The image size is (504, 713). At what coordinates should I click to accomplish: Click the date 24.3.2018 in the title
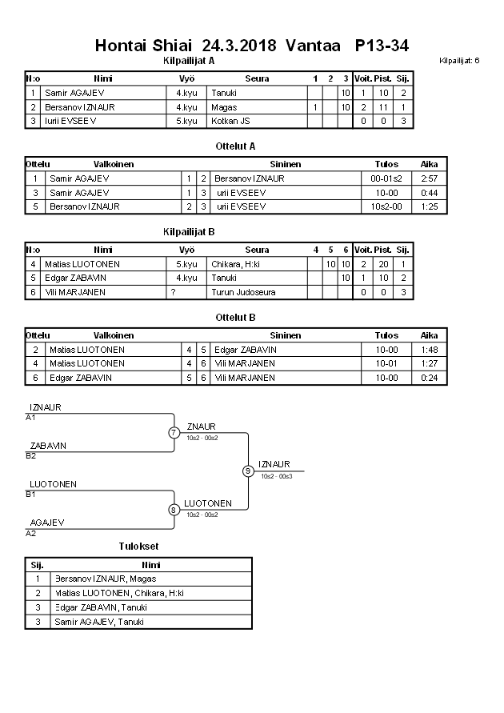[239, 46]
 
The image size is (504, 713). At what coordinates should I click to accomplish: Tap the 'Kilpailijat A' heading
[188, 60]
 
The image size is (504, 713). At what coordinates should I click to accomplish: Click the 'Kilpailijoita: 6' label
[459, 60]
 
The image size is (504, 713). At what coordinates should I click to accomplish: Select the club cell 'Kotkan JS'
[231, 121]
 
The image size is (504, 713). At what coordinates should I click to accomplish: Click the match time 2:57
[429, 178]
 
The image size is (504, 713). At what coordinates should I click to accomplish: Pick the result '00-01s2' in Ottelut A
[386, 178]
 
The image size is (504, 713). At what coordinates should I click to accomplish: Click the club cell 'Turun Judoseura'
[243, 292]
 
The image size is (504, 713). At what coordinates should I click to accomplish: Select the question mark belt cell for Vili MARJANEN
[173, 292]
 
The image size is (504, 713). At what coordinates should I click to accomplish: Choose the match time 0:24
[429, 377]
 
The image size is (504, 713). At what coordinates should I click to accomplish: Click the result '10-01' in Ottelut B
[386, 363]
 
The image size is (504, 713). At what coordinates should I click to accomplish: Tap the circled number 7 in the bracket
[174, 433]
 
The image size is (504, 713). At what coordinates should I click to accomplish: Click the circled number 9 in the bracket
[248, 471]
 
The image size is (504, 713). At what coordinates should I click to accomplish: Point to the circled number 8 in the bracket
[174, 509]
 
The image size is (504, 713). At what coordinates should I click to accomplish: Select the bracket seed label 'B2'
[31, 455]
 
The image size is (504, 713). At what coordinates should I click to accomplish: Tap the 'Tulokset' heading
[138, 546]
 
